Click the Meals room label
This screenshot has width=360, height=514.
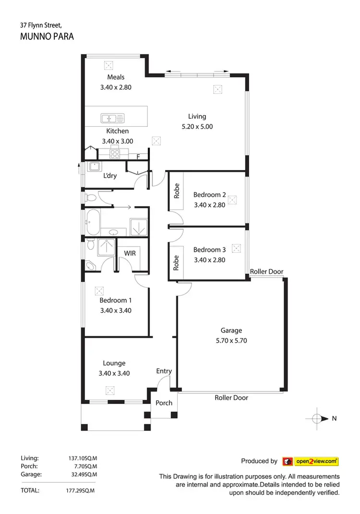coord(116,77)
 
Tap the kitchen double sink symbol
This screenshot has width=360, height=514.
coord(112,118)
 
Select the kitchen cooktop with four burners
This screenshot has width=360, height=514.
coord(116,154)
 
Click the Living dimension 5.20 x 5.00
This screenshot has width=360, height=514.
coord(197,127)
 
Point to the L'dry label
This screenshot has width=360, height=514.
coord(110,176)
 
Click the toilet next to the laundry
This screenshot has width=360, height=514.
coord(90,197)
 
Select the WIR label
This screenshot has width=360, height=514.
coord(130,253)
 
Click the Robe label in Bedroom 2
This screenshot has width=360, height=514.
coord(176,191)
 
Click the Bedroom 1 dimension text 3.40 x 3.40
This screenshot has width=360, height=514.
coord(116,310)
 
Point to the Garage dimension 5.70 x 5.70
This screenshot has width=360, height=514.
coord(231,341)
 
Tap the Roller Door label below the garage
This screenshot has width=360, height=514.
coord(231,398)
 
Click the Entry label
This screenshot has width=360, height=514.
coord(164,371)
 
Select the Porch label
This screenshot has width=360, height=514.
coord(164,403)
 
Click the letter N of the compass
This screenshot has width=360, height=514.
coord(334,418)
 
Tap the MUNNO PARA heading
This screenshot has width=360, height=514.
coord(47,37)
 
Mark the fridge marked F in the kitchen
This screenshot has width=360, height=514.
coord(138,156)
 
